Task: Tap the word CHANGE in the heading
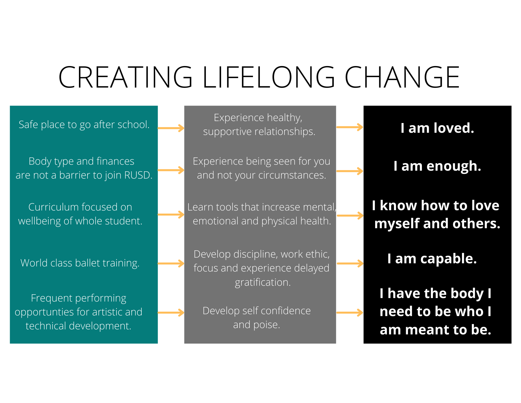[x=402, y=77]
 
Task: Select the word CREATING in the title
[x=125, y=77]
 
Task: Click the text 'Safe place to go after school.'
[x=84, y=125]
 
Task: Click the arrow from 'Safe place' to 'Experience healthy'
[x=171, y=128]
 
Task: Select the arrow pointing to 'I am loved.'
[x=350, y=127]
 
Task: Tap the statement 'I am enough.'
[x=437, y=166]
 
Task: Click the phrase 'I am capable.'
[x=432, y=259]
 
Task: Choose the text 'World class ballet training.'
[x=80, y=263]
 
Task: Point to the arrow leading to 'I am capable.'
[x=350, y=263]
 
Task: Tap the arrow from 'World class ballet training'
[x=171, y=263]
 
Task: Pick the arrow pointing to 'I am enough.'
[x=350, y=171]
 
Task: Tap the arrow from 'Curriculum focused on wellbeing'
[x=171, y=214]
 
